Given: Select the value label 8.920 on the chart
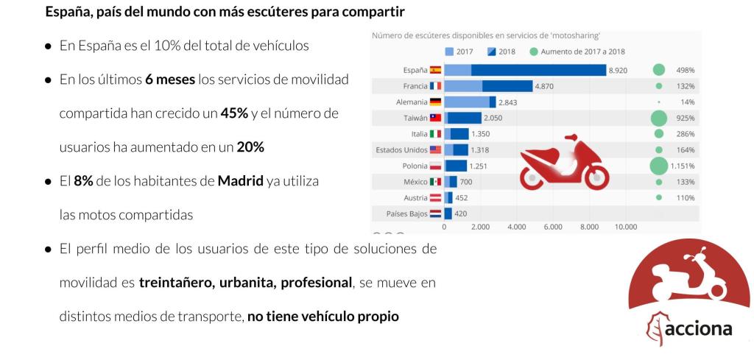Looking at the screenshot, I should pyautogui.click(x=618, y=70).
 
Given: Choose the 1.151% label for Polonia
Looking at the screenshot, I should pyautogui.click(x=683, y=166).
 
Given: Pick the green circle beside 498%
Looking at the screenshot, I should pyautogui.click(x=659, y=70).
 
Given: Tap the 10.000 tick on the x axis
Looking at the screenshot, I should pyautogui.click(x=625, y=227).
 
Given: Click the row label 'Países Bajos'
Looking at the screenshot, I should pyautogui.click(x=406, y=213).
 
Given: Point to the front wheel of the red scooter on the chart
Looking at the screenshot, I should pyautogui.click(x=594, y=177).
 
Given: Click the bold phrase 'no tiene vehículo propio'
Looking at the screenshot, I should pyautogui.click(x=323, y=317).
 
